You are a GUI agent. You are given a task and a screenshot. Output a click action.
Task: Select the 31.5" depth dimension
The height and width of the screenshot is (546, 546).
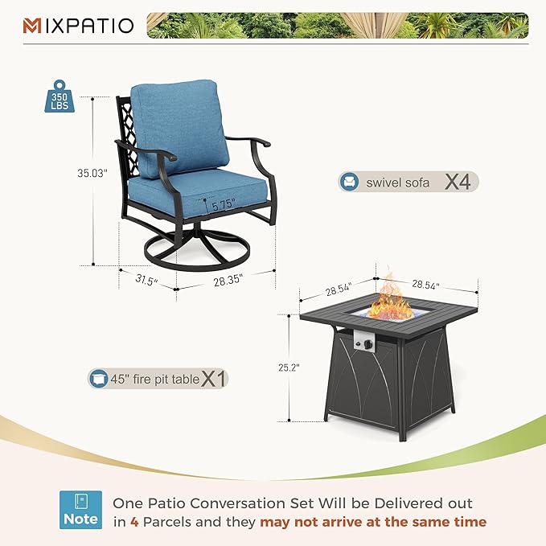pyautogui.click(x=146, y=281)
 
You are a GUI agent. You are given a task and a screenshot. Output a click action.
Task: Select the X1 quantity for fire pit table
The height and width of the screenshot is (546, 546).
pyautogui.click(x=213, y=378)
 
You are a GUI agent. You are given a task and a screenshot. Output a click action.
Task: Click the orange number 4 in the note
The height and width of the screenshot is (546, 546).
pyautogui.click(x=133, y=522)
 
